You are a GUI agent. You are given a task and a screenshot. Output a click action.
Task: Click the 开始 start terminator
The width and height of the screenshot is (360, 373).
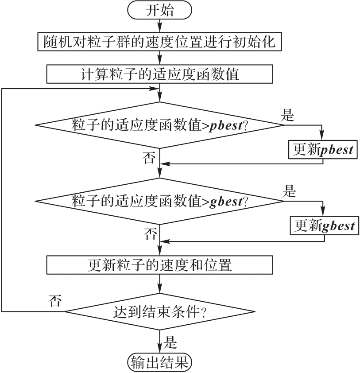160,11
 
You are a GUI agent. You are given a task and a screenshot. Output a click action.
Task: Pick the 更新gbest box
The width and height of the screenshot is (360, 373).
324,225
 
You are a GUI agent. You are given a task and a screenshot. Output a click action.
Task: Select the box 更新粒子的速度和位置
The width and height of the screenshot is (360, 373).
159,266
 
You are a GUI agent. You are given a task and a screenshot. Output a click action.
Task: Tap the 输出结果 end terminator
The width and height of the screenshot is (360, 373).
160,362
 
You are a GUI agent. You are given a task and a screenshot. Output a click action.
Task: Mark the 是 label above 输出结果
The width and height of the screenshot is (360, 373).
170,342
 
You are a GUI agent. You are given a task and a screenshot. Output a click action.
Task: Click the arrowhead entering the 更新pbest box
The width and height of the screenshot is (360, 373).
322,138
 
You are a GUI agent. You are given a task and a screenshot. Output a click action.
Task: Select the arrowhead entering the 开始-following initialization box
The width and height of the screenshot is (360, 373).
159,31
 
